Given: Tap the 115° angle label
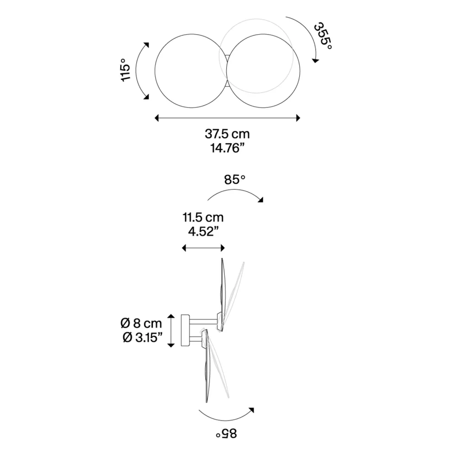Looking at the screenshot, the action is coord(126,70).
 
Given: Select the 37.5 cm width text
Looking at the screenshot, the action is coord(227,134).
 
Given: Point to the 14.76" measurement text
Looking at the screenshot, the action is coord(227,149).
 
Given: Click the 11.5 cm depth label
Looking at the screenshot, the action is coord(203,218).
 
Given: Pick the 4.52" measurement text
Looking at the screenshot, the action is coord(203,232).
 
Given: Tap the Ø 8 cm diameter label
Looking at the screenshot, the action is coord(141,323).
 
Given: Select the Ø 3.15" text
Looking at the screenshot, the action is coord(142,338).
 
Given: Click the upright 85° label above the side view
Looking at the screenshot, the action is coord(234,180).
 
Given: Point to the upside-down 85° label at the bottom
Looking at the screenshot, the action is coord(226,434).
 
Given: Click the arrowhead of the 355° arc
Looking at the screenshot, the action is coord(315,60).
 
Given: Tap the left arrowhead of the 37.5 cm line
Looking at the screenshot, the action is coord(156,118).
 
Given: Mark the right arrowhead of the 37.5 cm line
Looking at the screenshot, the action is coord(298,118).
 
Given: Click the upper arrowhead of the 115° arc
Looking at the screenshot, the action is coord(147,45).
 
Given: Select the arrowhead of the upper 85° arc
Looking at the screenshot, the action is coord(260,199).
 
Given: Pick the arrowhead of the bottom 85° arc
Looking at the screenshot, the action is coord(251,410).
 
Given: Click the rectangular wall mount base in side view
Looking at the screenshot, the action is coord(186,330).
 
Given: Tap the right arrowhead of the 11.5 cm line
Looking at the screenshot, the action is coord(223,248).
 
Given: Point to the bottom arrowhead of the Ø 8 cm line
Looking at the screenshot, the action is coord(171,345).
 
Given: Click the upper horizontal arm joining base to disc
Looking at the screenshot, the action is coord(203,321).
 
